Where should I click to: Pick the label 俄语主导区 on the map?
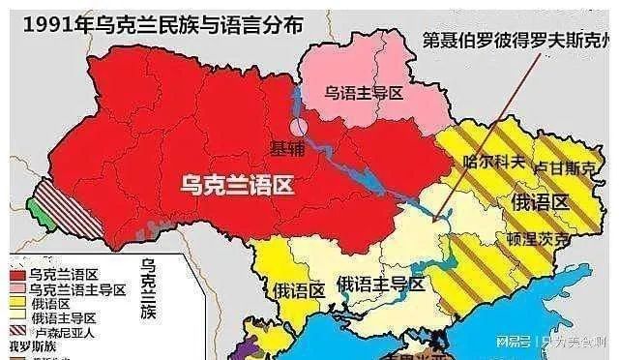[380, 284]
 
